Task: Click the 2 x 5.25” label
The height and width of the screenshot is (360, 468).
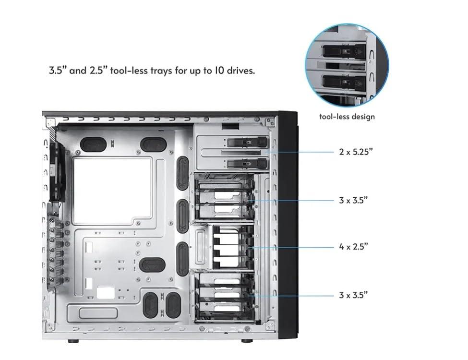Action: coord(356,152)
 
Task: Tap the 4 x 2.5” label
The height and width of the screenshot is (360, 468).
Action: coord(353,247)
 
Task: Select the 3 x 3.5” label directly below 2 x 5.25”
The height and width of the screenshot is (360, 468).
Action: coord(353,200)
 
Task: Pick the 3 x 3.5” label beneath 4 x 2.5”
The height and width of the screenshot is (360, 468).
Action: coord(353,295)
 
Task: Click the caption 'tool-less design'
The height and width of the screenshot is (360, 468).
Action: coord(347,117)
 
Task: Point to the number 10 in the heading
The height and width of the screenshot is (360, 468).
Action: coord(218,71)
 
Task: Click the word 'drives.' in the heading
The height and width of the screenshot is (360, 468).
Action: coord(241,71)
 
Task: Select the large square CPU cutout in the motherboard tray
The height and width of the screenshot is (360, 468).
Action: coord(112,191)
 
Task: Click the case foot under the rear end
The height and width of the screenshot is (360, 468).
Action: coord(73,341)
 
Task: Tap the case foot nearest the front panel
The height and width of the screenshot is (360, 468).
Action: coord(247,341)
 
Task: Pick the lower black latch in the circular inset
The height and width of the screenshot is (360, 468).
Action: coord(344,82)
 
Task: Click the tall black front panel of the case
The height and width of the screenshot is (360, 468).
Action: coord(288,225)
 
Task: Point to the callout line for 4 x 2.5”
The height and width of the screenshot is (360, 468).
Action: coord(293,247)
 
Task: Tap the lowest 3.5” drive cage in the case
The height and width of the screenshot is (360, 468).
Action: coord(224,298)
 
